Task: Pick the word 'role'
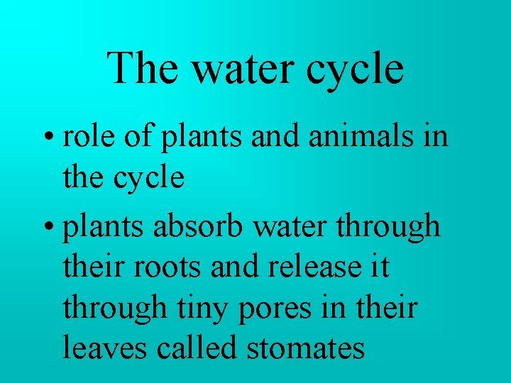[83, 135]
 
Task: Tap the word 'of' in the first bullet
[133, 135]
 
